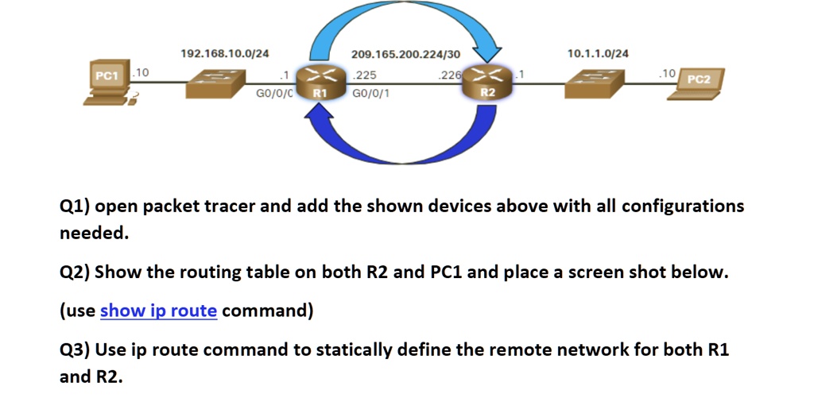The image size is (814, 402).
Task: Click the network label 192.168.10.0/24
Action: point(225,53)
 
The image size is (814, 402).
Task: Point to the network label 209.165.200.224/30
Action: point(405,54)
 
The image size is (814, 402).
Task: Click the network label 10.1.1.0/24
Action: point(598,53)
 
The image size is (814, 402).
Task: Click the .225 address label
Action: point(365,75)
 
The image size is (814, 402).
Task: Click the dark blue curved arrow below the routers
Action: point(401,147)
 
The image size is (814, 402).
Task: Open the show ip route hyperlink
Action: point(158,311)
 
